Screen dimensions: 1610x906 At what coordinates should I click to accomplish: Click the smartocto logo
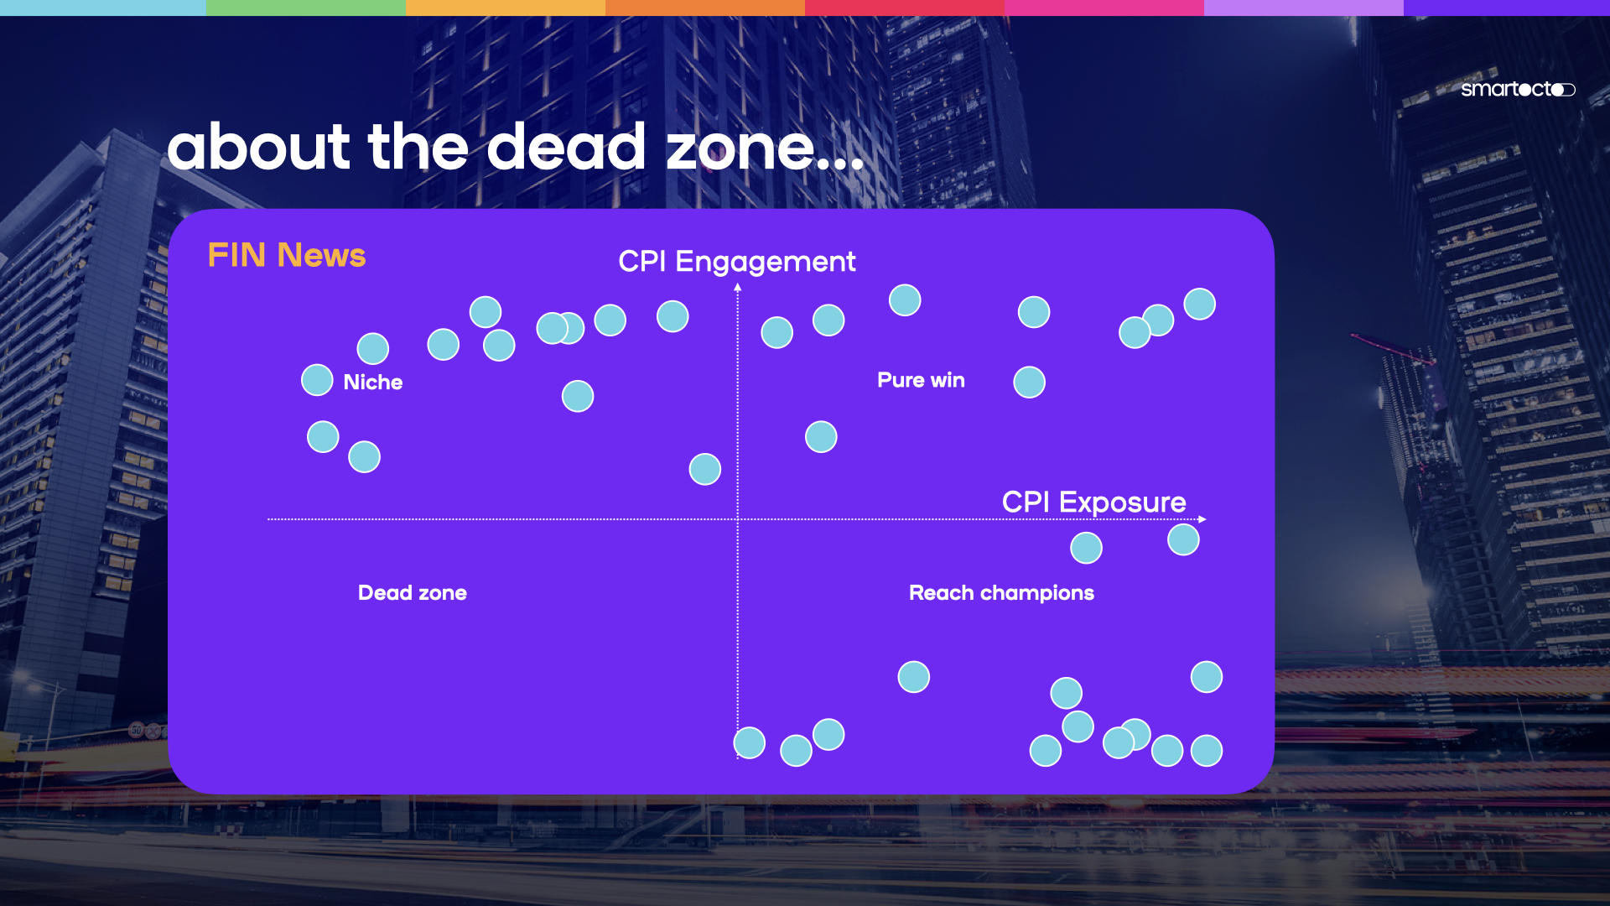pos(1518,89)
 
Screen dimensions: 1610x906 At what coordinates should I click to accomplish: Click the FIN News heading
pos(287,255)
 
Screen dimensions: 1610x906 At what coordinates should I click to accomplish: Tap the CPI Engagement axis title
pos(737,262)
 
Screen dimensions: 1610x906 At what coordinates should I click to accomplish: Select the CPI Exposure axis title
pos(1093,502)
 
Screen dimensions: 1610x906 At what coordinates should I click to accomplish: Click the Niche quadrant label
pos(373,382)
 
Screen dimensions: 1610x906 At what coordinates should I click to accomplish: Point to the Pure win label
pos(921,380)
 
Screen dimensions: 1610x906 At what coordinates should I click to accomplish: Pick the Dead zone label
pos(413,593)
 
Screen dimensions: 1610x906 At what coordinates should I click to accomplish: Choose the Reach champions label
pos(1001,593)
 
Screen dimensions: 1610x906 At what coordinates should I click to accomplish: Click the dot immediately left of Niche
pos(317,380)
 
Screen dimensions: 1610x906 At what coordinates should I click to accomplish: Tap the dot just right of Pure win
pos(1029,383)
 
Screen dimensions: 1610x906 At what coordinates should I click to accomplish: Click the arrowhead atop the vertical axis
pos(738,288)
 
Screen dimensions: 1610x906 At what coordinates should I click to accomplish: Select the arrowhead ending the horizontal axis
pos(1202,519)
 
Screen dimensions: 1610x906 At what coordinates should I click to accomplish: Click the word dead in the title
pos(566,147)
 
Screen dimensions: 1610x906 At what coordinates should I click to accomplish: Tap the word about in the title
pos(257,147)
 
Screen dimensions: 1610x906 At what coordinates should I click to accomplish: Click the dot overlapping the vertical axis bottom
pos(750,743)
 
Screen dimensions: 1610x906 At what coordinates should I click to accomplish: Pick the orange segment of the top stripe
pos(705,8)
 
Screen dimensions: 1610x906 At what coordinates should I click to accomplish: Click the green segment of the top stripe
pos(305,8)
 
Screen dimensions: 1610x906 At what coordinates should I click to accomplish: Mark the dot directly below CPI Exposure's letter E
pos(1086,549)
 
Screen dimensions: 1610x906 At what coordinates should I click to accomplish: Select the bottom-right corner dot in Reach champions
pos(1207,751)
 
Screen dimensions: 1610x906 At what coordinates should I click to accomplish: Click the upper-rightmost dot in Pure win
pos(1199,305)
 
